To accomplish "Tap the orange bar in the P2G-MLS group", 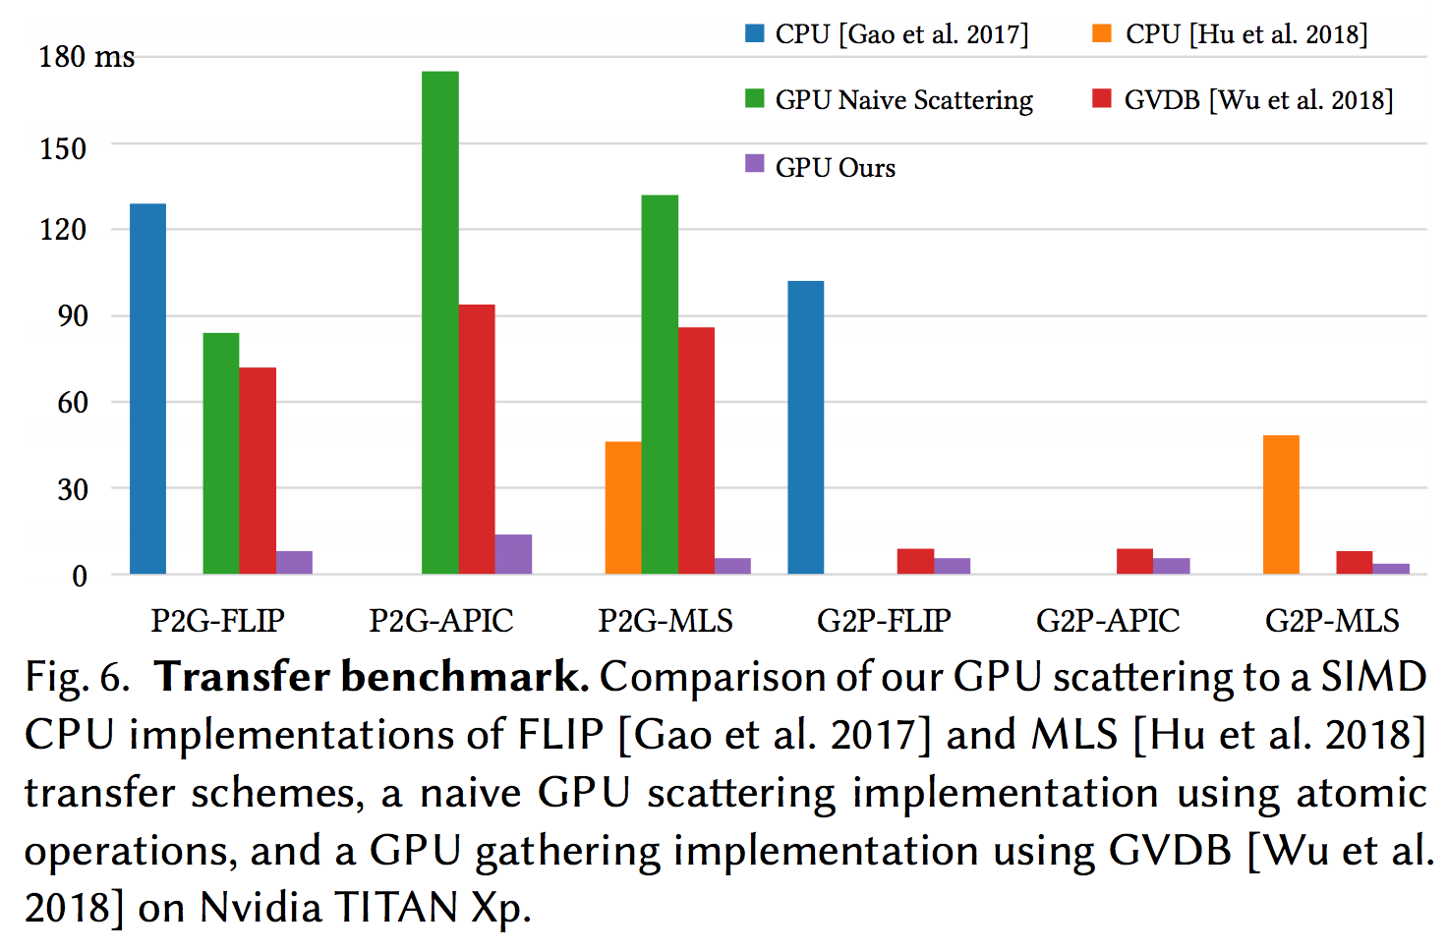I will [x=622, y=508].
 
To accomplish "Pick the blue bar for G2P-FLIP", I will [x=805, y=427].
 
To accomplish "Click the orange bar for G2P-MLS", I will [x=1280, y=505].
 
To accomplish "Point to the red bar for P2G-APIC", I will [x=477, y=439].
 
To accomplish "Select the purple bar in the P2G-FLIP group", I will [x=294, y=562].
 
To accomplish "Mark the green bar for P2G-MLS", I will [x=660, y=384].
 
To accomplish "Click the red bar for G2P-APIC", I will [x=1134, y=561].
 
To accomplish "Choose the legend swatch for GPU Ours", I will [x=754, y=164].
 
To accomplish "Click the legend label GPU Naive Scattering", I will [x=903, y=100].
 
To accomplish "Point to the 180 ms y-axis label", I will [x=87, y=57].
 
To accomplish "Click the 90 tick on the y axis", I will [x=73, y=315].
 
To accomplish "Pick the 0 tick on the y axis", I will [x=80, y=576].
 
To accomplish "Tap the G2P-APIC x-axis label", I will [x=1108, y=621].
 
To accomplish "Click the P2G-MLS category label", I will [x=666, y=621].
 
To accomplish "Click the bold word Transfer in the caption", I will [x=242, y=677].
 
